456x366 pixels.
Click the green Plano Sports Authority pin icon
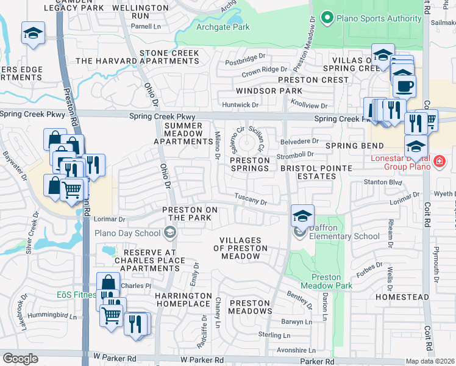(327, 18)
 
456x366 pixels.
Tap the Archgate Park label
(223, 27)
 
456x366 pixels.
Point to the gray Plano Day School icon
(170, 232)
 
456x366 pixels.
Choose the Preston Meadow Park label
(327, 281)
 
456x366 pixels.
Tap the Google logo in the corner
(21, 358)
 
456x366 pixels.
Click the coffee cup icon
(403, 85)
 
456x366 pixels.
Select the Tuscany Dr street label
(251, 200)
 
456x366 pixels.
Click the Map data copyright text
(429, 361)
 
